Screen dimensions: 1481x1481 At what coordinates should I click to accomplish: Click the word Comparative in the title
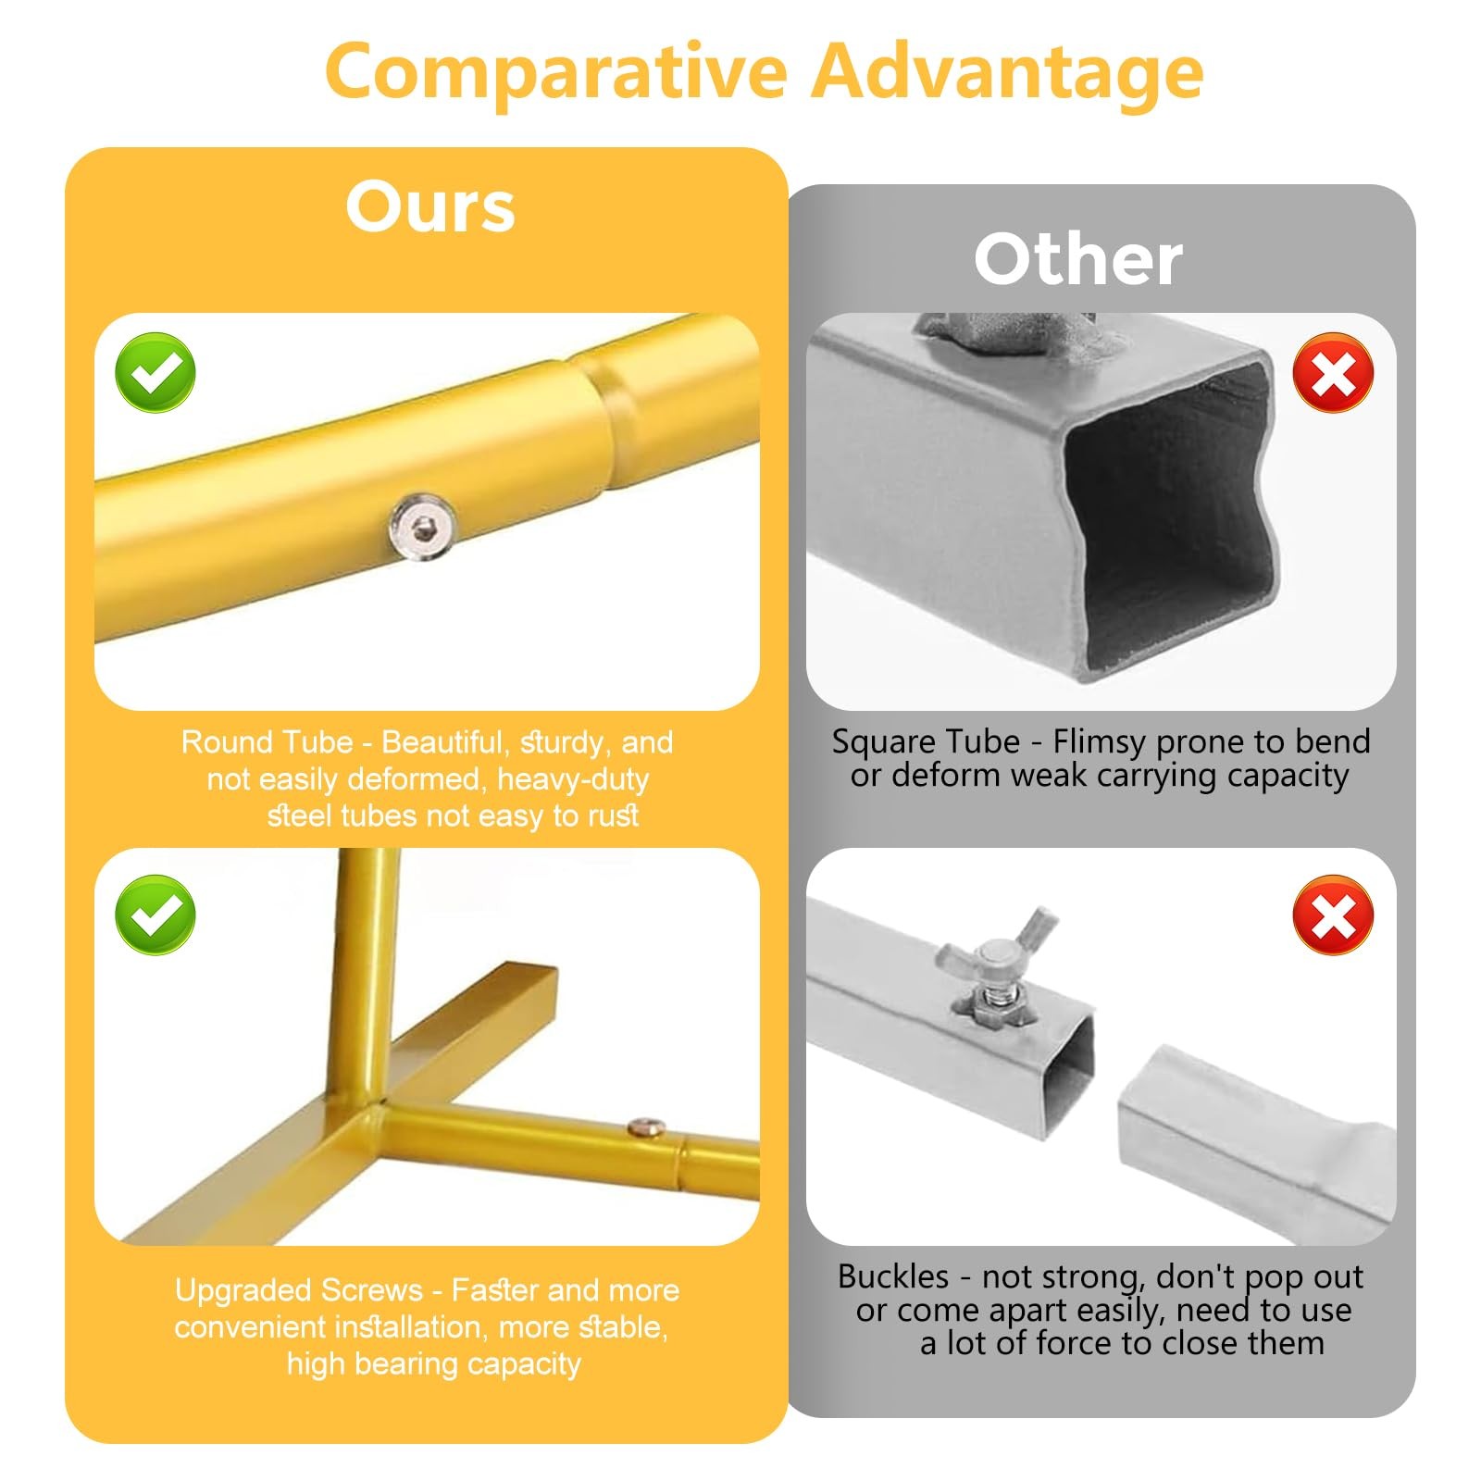(x=555, y=72)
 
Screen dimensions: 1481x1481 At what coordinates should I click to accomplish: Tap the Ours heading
(x=430, y=206)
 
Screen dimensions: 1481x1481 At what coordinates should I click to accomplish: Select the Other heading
(x=1078, y=259)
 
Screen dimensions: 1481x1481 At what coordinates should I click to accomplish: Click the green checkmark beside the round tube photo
(x=156, y=372)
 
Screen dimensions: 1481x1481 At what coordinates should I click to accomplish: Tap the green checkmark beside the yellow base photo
(x=156, y=915)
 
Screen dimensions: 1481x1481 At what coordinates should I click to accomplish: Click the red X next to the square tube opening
(x=1333, y=372)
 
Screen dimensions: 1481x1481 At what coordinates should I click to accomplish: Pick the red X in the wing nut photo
(x=1333, y=915)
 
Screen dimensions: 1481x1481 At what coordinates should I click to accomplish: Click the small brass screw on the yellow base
(x=645, y=1127)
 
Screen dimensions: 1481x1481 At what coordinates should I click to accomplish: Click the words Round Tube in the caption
(x=267, y=742)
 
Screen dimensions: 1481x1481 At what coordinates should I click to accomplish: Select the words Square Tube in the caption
(x=926, y=741)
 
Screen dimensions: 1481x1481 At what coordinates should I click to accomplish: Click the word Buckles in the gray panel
(x=893, y=1276)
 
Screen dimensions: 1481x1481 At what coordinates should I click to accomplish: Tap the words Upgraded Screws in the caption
(x=298, y=1291)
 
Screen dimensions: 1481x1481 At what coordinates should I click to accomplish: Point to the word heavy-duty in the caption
(x=573, y=780)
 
